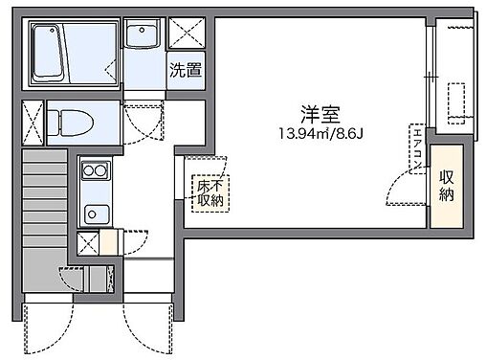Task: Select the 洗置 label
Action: coord(186,69)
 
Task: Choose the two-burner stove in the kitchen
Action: coord(94,172)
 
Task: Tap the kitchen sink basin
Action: coord(94,213)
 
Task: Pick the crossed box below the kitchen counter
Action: coord(87,244)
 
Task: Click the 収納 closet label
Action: coord(447,184)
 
